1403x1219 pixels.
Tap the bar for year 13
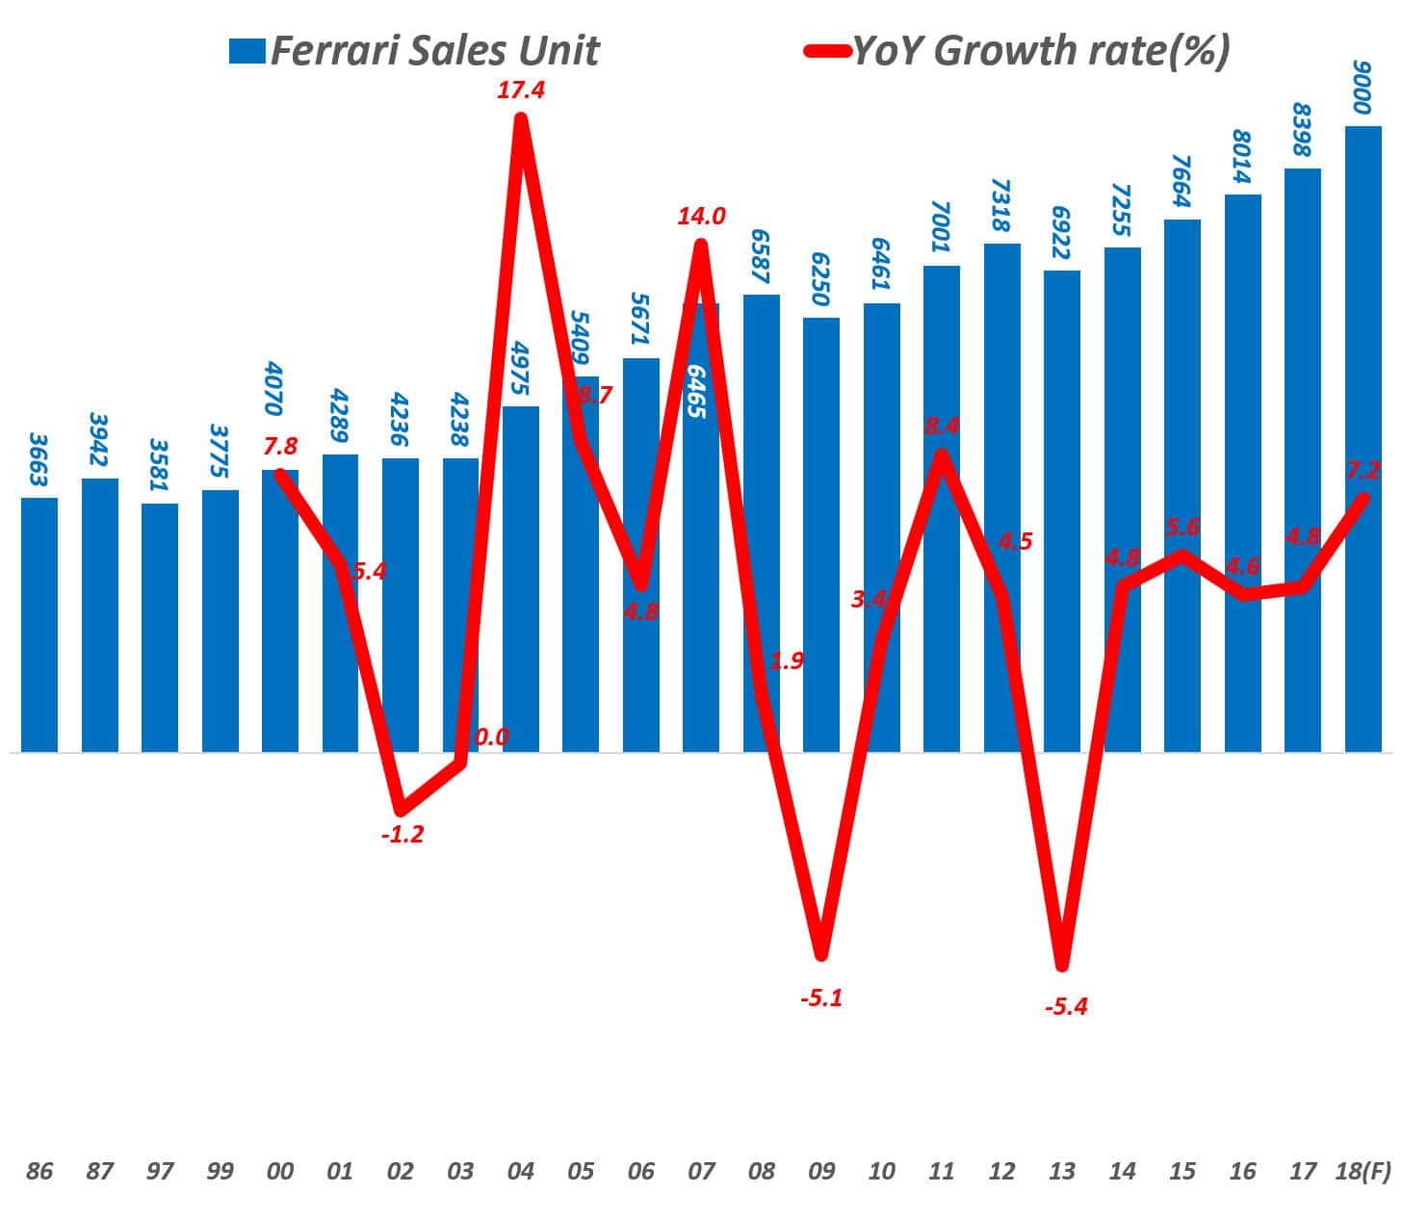pos(1062,510)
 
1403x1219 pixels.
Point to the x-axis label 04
pos(521,1171)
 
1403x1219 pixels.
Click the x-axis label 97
pos(160,1171)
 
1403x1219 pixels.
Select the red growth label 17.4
pos(521,91)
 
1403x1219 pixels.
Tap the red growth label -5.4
pos(1065,1007)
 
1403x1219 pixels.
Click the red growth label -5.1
pos(821,998)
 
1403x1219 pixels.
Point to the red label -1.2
pos(402,834)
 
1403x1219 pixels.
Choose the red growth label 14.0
pos(701,217)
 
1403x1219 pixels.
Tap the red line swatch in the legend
pos(826,51)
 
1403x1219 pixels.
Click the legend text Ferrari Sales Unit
pos(434,51)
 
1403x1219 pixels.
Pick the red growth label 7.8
pos(279,446)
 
